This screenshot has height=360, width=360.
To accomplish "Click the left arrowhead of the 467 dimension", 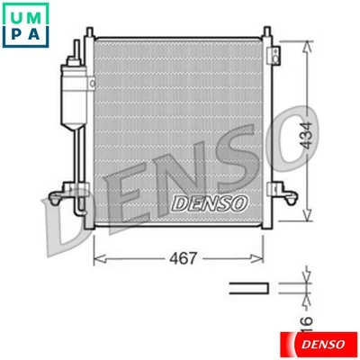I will pos(99,259).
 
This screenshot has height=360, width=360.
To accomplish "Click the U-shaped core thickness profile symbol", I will pos(249,287).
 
